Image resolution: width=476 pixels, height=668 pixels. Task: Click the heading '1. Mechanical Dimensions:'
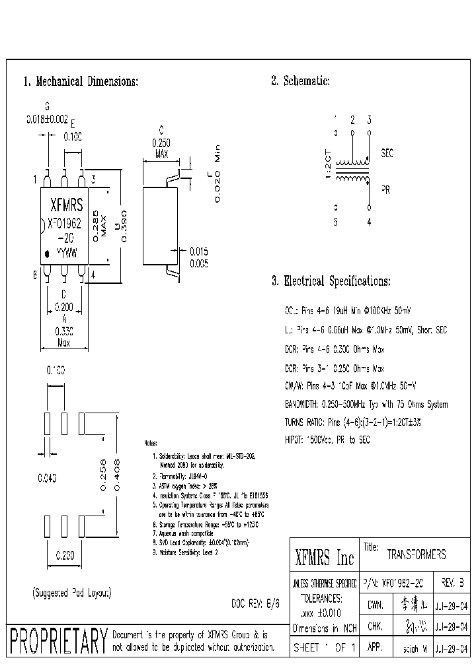(81, 82)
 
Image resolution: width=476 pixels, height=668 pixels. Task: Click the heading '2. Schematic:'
(300, 82)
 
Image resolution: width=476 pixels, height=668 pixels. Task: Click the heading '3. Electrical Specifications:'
(331, 281)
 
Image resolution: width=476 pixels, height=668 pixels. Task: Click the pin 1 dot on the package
(47, 253)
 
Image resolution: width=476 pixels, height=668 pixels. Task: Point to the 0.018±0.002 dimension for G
(46, 119)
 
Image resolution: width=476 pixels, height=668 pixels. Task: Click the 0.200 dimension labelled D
(64, 307)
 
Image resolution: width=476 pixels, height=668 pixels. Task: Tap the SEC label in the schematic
(387, 153)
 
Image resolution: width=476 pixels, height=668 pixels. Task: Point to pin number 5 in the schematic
(335, 222)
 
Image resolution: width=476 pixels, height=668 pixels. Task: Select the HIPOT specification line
(337, 438)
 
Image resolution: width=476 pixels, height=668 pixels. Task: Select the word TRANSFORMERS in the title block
(416, 554)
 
